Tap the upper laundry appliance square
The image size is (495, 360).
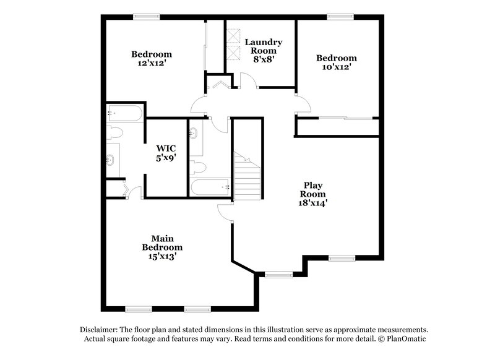pyautogui.click(x=233, y=36)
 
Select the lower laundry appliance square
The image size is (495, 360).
pyautogui.click(x=233, y=51)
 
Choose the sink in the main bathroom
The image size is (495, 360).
pyautogui.click(x=112, y=160)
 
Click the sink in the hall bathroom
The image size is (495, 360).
pyautogui.click(x=194, y=133)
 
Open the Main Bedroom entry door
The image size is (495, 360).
pyautogui.click(x=225, y=212)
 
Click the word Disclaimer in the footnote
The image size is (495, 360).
pyautogui.click(x=99, y=330)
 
